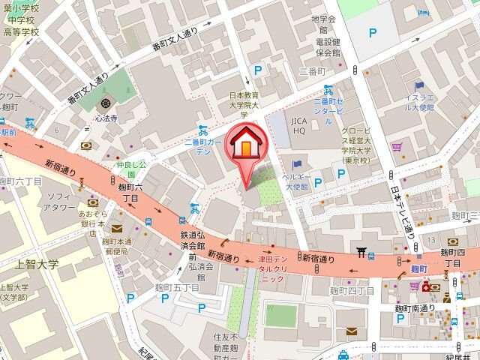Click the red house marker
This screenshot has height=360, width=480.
click(x=244, y=145)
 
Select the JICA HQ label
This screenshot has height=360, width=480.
click(x=299, y=126)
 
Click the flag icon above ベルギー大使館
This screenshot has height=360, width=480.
click(x=298, y=164)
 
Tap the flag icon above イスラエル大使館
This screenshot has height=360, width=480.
click(x=418, y=86)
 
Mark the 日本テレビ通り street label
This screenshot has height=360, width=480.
click(x=400, y=211)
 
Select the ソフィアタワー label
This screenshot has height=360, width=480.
click(x=58, y=202)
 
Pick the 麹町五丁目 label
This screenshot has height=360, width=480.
click(x=179, y=287)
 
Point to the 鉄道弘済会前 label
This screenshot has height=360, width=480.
click(x=193, y=241)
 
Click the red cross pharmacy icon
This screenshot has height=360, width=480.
click(x=427, y=287)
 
